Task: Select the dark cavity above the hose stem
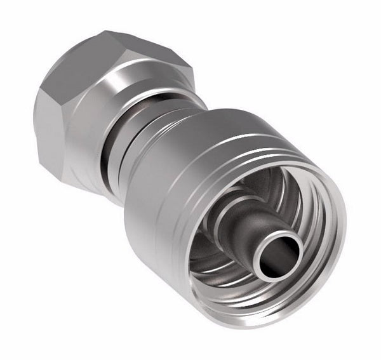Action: [x=273, y=190]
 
